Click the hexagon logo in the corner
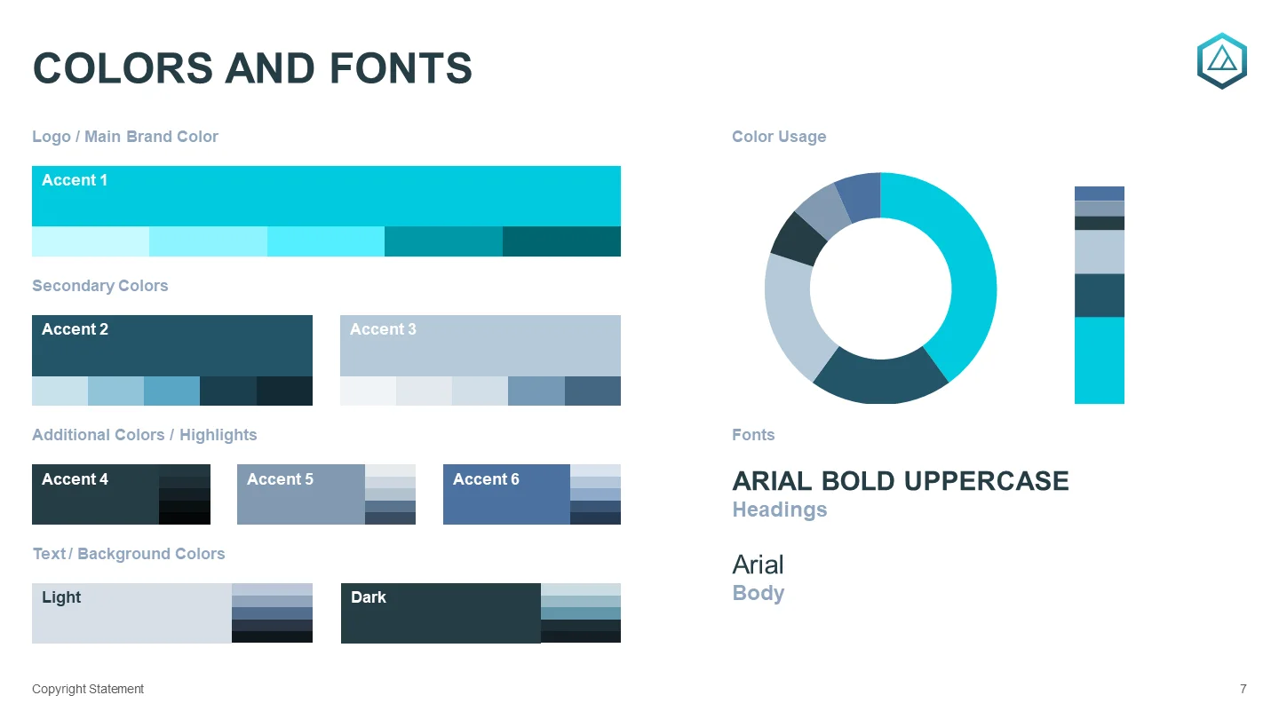point(1222,61)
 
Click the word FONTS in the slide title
point(401,68)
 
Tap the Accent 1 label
point(75,180)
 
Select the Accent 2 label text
point(75,329)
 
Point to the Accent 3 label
point(383,329)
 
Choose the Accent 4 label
point(75,479)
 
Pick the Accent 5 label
point(280,479)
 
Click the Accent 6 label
point(486,479)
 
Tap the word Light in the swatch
point(61,597)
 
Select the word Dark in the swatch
point(369,597)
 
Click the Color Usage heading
point(779,137)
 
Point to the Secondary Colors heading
point(99,286)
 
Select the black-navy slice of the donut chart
point(798,240)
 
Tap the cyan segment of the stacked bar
point(1100,360)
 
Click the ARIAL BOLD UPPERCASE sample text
point(901,481)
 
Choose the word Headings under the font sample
point(780,510)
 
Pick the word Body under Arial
point(759,594)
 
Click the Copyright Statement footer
point(88,690)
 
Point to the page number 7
point(1243,690)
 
